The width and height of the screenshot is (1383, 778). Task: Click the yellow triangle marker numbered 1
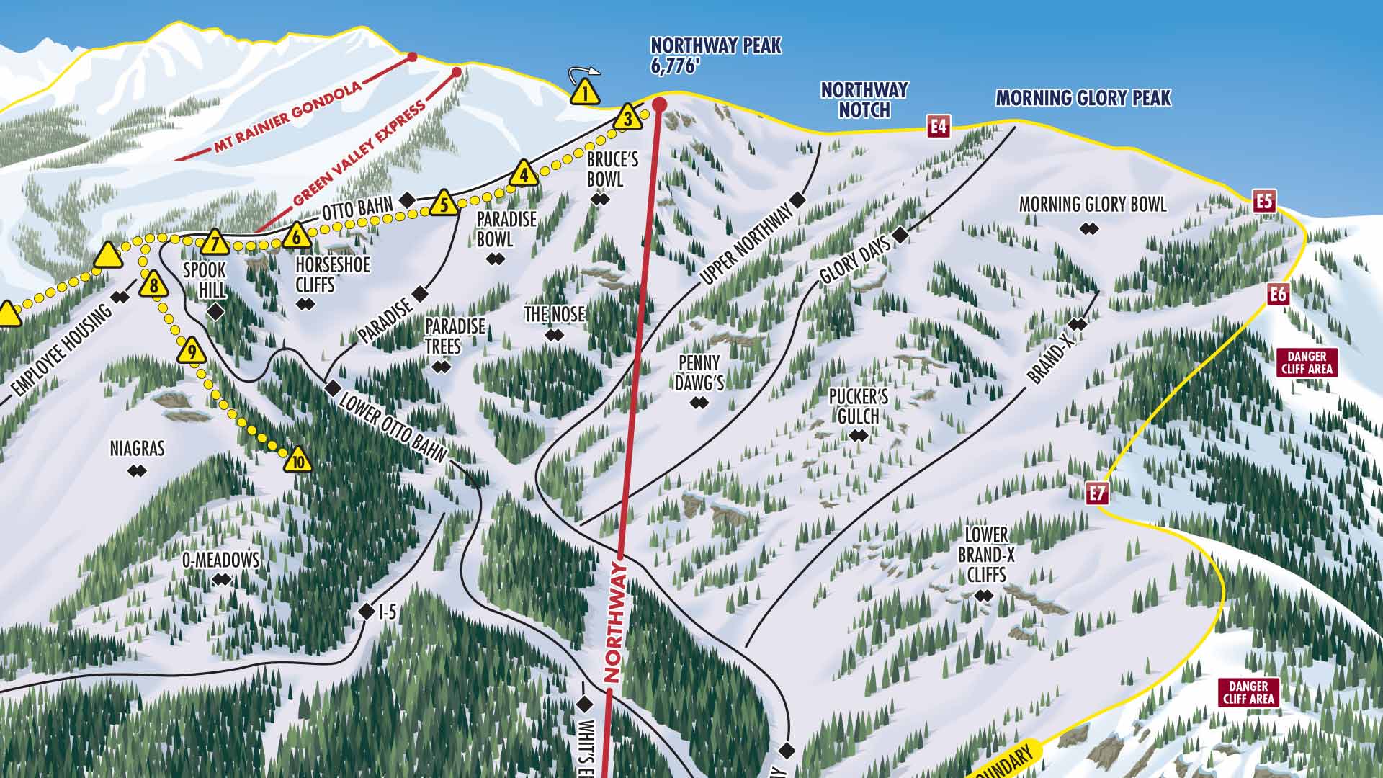(585, 94)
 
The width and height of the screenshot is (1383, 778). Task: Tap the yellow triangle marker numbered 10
(297, 460)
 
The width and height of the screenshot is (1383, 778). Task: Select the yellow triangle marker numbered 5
(444, 205)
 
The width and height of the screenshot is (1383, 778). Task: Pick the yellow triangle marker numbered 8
(153, 286)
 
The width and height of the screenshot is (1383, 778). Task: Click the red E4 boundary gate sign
(938, 128)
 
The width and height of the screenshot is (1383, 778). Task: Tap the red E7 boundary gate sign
(1097, 494)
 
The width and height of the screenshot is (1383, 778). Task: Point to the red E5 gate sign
(1264, 201)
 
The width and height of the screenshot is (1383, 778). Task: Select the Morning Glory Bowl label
(1092, 205)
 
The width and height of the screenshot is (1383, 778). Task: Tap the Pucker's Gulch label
(858, 407)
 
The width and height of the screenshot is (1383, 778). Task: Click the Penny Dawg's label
(699, 373)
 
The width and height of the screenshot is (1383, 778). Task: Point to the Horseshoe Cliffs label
(332, 274)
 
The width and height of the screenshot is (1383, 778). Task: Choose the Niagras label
(137, 449)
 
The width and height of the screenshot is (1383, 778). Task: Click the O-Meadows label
(220, 560)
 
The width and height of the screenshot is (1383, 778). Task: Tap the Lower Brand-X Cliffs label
(985, 555)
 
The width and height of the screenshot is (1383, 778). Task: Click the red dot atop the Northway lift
(659, 105)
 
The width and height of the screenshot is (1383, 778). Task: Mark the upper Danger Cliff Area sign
(1307, 363)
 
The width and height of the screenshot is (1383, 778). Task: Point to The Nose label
(554, 314)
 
